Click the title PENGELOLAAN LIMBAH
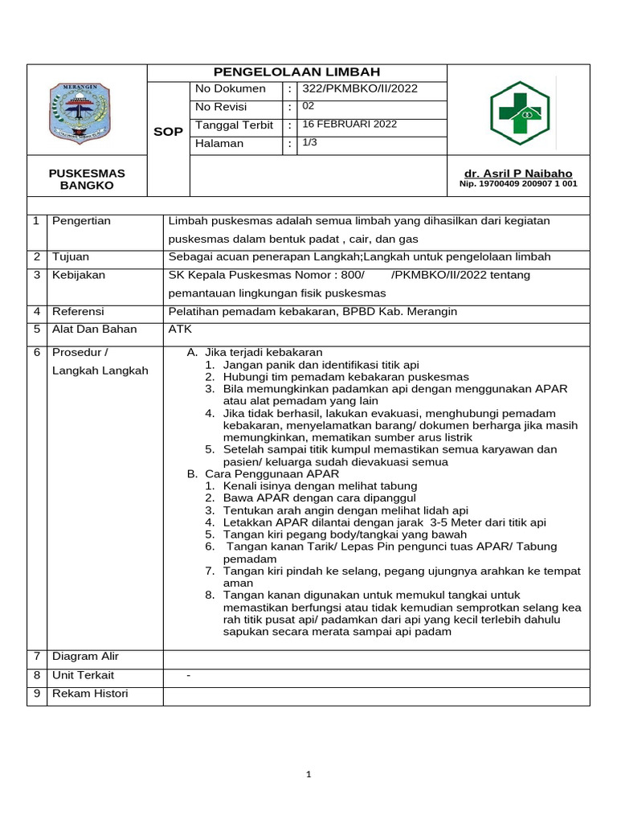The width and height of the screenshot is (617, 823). pos(296,72)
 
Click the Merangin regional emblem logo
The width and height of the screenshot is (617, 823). pos(87,112)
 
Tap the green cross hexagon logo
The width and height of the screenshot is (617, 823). pos(519,113)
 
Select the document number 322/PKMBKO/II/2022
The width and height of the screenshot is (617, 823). pos(360,89)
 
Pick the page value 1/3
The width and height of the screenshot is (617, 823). pos(309,143)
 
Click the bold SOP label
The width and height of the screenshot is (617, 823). pos(169,132)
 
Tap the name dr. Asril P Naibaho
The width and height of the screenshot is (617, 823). pos(518,174)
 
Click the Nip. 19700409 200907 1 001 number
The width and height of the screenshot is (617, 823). pos(518,184)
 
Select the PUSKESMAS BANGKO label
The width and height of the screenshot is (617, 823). pos(87,179)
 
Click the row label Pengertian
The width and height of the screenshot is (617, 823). pos(81,221)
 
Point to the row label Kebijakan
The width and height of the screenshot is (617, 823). pos(79,275)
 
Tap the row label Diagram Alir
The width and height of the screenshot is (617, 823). pos(85,657)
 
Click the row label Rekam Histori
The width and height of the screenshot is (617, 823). pos(90,694)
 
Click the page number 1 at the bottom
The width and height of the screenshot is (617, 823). pos(308,775)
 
